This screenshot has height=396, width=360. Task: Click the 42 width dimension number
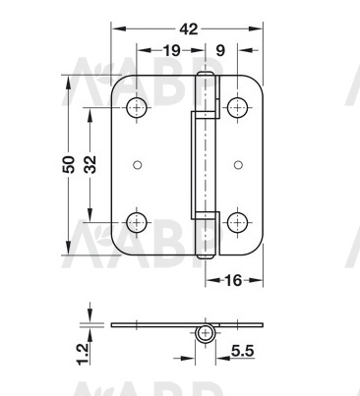pyautogui.click(x=189, y=29)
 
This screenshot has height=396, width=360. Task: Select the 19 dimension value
pyautogui.click(x=172, y=51)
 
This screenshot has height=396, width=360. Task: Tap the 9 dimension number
pyautogui.click(x=220, y=51)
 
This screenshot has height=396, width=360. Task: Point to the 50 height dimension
pyautogui.click(x=69, y=164)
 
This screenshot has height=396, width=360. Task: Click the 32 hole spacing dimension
pyautogui.click(x=90, y=164)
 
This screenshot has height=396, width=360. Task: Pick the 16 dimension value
pyautogui.click(x=233, y=280)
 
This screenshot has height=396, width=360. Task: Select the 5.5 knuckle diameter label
pyautogui.click(x=243, y=351)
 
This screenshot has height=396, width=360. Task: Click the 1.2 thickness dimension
pyautogui.click(x=83, y=354)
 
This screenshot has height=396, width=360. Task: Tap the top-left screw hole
pyautogui.click(x=137, y=107)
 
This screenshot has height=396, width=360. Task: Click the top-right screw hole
pyautogui.click(x=237, y=107)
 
